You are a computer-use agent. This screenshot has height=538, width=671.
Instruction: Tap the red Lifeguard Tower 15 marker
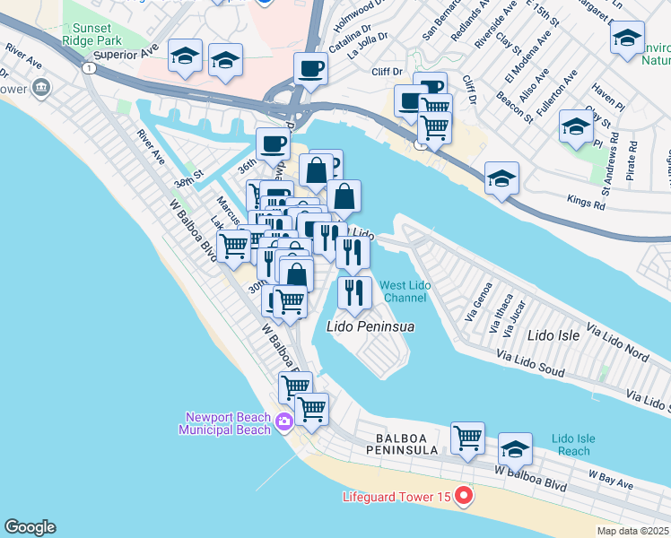tap(463, 495)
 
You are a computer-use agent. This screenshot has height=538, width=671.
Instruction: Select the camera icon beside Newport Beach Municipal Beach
tap(284, 421)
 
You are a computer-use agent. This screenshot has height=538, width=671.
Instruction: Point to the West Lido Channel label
tap(406, 291)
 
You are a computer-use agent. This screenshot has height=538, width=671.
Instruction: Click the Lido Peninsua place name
tap(370, 327)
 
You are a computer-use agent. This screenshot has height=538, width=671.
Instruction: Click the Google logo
tap(30, 527)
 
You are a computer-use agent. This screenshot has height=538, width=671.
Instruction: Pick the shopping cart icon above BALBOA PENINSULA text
tap(467, 438)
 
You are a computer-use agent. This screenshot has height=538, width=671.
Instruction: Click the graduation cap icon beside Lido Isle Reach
tap(515, 448)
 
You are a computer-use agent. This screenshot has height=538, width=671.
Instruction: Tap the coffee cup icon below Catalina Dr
tap(310, 67)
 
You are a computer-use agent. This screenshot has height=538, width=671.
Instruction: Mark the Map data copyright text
tap(632, 531)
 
